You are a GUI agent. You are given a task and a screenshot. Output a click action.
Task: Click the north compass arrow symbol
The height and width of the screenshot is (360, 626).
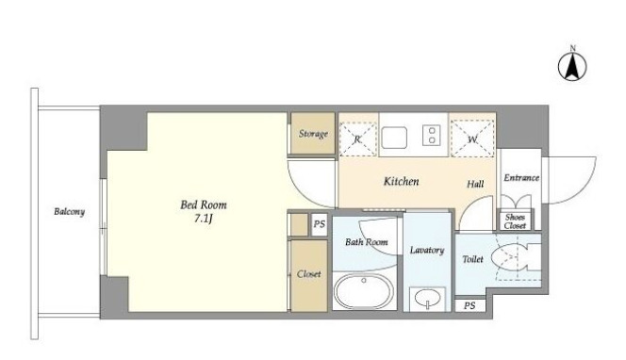pos(572,66)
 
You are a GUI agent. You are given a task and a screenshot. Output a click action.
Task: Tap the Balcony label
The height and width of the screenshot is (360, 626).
pos(70,211)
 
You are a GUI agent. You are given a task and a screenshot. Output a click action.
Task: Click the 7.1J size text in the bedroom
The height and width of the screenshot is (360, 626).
pos(204,219)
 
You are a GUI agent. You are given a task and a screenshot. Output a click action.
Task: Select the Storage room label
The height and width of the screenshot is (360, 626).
pos(313,134)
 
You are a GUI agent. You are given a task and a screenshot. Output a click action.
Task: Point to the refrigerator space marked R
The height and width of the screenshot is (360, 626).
pos(357,139)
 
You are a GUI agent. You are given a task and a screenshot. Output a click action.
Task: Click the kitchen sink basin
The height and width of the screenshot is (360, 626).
pos(394,138)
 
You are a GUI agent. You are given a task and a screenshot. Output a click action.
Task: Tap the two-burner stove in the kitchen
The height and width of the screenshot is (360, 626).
pos(431,135)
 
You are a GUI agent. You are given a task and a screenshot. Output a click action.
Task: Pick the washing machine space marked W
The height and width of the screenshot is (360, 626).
pos(472,139)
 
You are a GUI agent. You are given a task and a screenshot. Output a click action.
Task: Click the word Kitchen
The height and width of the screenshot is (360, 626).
pos(402,181)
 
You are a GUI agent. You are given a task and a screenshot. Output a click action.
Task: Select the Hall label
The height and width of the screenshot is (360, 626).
pos(475,184)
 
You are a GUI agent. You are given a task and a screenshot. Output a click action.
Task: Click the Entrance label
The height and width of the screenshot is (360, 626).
pos(521,177)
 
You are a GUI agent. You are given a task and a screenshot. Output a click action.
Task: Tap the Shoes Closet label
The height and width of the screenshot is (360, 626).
pos(515,221)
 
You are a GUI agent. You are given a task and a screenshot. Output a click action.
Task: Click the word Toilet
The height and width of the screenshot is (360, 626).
pos(472,259)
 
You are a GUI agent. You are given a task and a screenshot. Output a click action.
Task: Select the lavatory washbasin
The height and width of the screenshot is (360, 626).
pos(428,298)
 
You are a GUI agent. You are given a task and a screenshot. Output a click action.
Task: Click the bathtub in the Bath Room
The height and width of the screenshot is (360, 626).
pos(363,291)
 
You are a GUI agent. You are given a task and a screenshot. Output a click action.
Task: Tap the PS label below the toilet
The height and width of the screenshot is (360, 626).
pos(469,305)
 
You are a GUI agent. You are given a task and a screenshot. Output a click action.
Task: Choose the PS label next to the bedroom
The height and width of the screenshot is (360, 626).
pos(320,224)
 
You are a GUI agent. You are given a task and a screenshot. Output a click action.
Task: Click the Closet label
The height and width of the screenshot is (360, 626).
pos(308,274)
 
